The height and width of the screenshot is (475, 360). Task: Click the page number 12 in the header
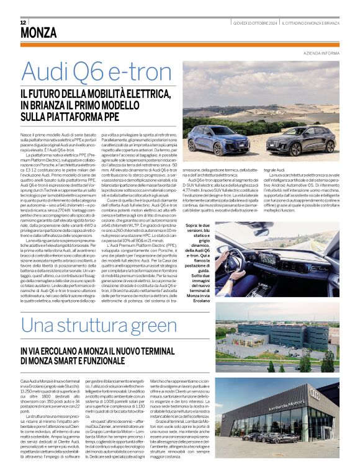[23, 22]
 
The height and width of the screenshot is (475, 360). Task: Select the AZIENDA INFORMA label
[322, 54]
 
